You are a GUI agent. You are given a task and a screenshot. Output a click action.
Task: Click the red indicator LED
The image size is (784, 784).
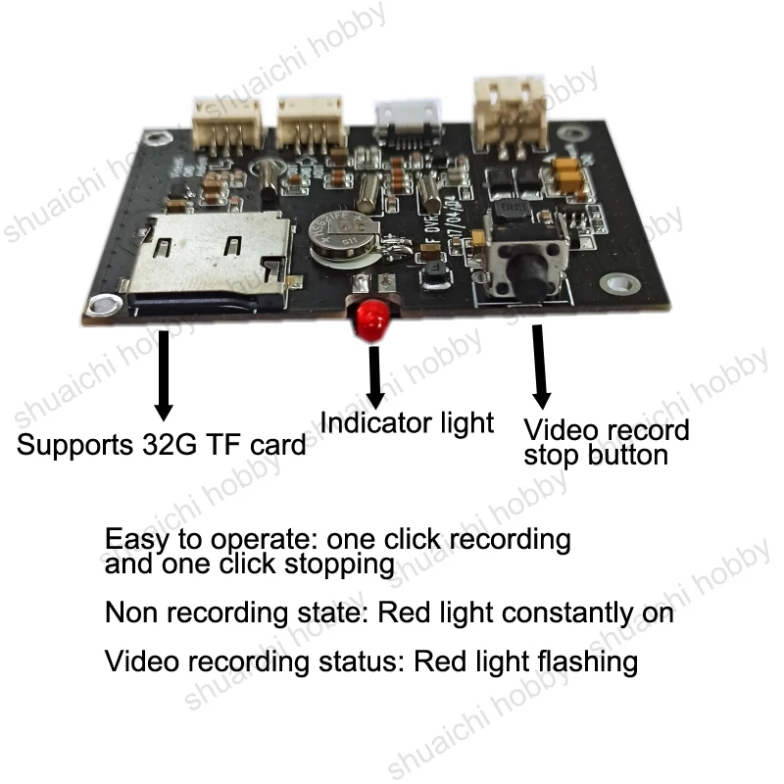pyautogui.click(x=372, y=318)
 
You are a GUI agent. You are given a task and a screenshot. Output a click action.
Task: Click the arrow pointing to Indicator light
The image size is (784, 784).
pyautogui.click(x=374, y=376)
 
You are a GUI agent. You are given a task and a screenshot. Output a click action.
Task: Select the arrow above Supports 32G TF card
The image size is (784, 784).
pyautogui.click(x=164, y=375)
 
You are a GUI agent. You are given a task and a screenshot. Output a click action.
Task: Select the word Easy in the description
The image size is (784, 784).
pyautogui.click(x=137, y=540)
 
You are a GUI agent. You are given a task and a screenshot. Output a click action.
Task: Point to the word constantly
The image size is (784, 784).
pyautogui.click(x=567, y=613)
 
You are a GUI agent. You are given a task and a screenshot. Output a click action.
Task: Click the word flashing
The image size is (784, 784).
pyautogui.click(x=587, y=662)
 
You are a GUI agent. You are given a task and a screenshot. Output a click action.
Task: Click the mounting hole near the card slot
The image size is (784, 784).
pyautogui.click(x=104, y=304)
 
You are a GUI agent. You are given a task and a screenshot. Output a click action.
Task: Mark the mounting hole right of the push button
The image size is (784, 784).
pyautogui.click(x=619, y=283)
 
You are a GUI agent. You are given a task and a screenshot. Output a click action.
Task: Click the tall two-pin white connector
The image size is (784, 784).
pyautogui.click(x=509, y=114)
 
